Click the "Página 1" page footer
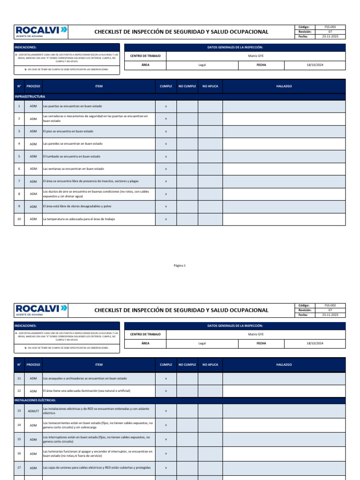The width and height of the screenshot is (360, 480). tap(180, 265)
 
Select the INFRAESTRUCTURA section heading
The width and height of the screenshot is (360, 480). tap(30, 97)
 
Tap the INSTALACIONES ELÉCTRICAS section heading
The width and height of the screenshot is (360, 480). tap(36, 400)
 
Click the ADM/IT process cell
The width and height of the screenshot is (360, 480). tap(33, 411)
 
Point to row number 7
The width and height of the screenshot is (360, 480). tap(19, 181)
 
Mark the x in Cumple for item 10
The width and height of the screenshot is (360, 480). tap(166, 219)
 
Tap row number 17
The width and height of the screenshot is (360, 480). tap(19, 468)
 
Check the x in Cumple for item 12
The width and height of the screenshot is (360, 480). tap(166, 390)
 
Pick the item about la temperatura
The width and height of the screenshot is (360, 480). tap(79, 219)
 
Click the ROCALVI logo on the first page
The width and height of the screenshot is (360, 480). tap(42, 31)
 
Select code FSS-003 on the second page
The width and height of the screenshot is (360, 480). tap(330, 305)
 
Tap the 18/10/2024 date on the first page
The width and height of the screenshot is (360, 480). tap(315, 65)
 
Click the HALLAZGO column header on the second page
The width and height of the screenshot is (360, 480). tap(284, 364)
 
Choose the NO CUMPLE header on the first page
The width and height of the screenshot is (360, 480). tap(187, 86)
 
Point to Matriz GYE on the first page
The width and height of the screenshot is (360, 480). tap(256, 56)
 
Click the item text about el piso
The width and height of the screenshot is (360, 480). tap(68, 131)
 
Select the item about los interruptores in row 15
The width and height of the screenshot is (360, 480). tap(96, 439)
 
